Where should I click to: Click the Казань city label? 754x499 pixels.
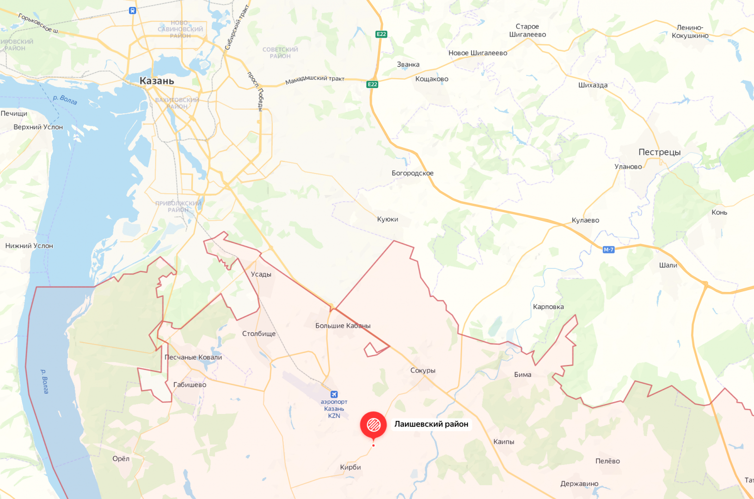[157, 81]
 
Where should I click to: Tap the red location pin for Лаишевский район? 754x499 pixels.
[373, 425]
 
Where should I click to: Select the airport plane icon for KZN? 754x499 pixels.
[334, 394]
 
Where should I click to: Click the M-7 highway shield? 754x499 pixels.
[608, 249]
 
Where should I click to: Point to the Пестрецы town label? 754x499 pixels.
[659, 152]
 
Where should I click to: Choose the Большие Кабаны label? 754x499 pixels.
[343, 326]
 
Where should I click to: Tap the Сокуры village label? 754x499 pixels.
[423, 370]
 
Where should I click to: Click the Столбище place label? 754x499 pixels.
[259, 334]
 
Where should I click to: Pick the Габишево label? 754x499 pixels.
[190, 384]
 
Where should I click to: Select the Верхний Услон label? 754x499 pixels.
[38, 127]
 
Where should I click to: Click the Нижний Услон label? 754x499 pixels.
[29, 246]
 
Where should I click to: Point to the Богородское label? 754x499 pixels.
[412, 173]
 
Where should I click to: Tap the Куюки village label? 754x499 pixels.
[387, 219]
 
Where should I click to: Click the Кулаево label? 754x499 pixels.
[585, 220]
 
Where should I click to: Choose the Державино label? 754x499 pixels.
[579, 484]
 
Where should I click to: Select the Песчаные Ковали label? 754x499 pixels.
[193, 357]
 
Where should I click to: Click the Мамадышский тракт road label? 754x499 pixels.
[315, 79]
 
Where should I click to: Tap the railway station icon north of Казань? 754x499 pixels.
[133, 10]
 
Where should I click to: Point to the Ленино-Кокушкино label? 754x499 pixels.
[690, 31]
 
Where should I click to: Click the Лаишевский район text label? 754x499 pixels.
[431, 424]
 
